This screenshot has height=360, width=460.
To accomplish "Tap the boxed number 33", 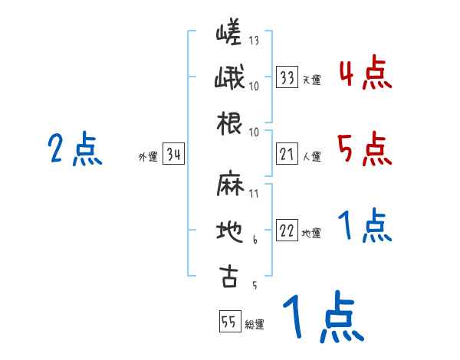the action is [287, 78].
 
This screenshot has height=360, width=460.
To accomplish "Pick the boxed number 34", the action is [173, 155].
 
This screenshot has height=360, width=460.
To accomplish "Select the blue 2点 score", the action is [75, 149].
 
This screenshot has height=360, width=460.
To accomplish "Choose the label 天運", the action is [311, 80].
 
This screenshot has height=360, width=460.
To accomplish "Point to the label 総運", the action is [255, 325].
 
